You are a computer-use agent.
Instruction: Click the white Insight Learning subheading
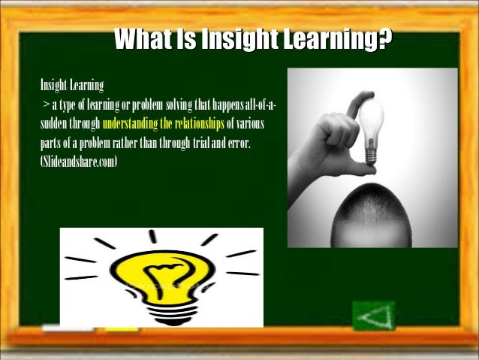coord(72,85)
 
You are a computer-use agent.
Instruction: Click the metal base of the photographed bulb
coord(370,154)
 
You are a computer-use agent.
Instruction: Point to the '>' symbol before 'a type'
coord(47,104)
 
